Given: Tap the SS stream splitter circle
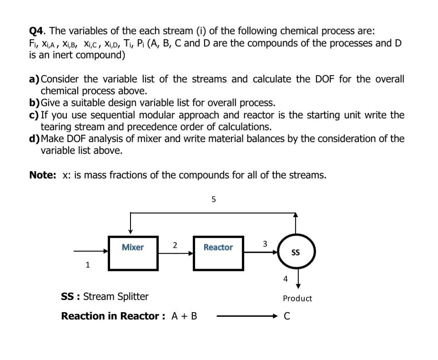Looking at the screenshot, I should (295, 252).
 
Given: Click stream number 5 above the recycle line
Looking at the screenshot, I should (214, 199).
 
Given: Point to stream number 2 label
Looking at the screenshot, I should (175, 245).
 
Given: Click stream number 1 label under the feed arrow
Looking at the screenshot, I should (88, 264).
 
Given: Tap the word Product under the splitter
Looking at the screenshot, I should (297, 299).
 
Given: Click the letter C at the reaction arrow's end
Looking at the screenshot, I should (287, 316).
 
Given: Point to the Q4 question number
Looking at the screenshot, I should (37, 31).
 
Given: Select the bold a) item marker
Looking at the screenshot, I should (34, 79).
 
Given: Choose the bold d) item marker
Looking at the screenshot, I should (35, 138).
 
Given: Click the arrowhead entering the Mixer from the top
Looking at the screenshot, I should (131, 231).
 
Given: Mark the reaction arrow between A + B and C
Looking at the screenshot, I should (246, 316).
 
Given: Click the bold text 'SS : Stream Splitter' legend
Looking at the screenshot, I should (105, 297).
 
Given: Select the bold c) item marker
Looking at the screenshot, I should (34, 115).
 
